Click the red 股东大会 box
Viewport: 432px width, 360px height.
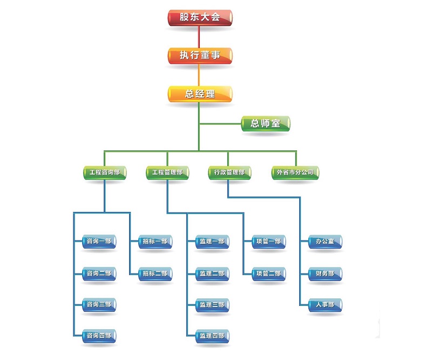[200, 17]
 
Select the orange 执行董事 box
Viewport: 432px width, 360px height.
[200, 56]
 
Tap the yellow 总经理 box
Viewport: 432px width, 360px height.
[200, 94]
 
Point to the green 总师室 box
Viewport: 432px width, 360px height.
[265, 124]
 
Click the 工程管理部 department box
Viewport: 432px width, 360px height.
[167, 173]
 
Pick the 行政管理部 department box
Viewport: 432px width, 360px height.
[229, 173]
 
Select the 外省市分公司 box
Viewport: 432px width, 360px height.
[295, 173]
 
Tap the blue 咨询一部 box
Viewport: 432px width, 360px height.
[99, 242]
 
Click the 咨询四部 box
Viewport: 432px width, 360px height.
[99, 336]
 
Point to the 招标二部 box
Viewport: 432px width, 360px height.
[156, 274]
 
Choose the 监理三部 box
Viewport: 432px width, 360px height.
[212, 305]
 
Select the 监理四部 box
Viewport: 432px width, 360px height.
[212, 336]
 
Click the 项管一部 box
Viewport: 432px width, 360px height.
[268, 242]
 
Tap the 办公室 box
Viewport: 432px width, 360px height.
[325, 242]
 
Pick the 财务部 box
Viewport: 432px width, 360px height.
[325, 274]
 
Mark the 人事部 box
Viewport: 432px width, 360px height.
[325, 305]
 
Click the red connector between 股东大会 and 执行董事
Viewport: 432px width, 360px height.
[200, 36]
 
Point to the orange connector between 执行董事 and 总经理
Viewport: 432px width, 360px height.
[200, 75]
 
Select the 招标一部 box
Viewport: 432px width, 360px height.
[156, 242]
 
